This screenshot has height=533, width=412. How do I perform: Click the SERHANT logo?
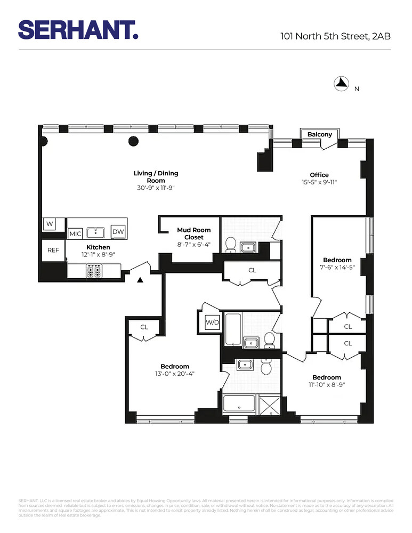tap(78, 30)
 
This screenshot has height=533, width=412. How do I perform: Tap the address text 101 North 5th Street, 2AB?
tap(336, 37)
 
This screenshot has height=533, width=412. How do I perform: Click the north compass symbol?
tap(341, 83)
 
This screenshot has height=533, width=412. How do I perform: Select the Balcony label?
tap(319, 134)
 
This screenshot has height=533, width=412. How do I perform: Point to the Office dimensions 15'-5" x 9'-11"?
tap(319, 182)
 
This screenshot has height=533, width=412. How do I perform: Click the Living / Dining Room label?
tap(156, 176)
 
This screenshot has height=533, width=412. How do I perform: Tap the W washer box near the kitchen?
tap(49, 224)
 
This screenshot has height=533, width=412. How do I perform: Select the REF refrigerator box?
tap(53, 250)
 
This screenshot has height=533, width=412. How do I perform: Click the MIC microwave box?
tap(74, 234)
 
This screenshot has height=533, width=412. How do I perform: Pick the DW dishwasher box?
tap(117, 231)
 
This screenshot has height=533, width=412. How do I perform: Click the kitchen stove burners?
tap(94, 272)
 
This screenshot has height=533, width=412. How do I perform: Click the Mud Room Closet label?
tap(193, 233)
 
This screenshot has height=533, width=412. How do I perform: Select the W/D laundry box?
tap(212, 322)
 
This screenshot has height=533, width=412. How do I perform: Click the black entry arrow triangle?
tap(140, 280)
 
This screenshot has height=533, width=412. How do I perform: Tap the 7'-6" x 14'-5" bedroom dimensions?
tap(337, 267)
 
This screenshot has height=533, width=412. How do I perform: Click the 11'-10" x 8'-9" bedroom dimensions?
tap(327, 384)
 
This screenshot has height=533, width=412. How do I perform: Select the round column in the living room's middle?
tap(134, 141)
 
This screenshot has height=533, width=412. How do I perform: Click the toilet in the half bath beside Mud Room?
tap(231, 244)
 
